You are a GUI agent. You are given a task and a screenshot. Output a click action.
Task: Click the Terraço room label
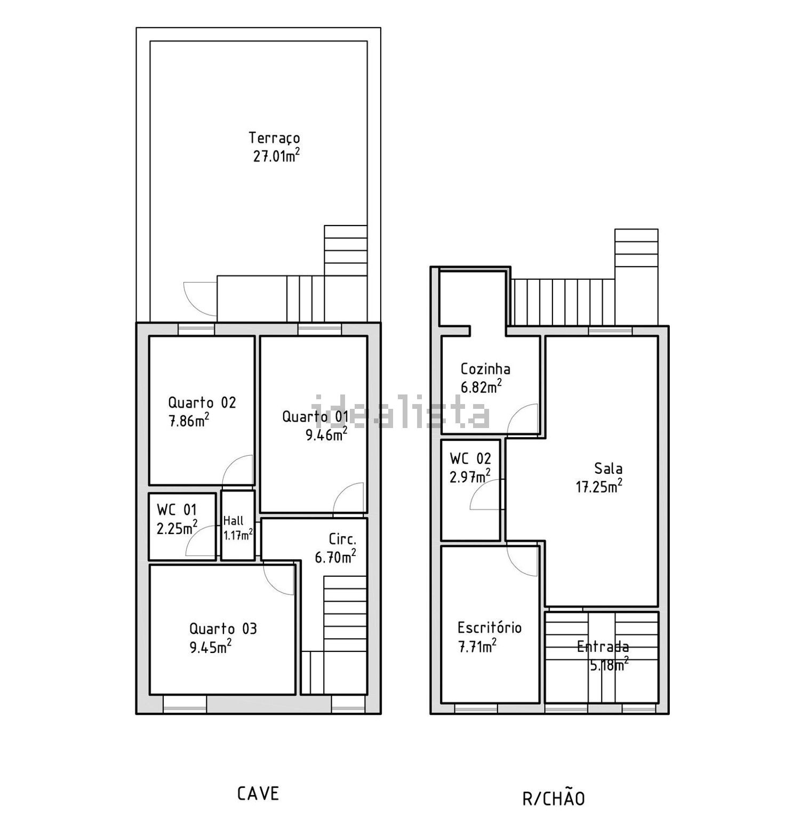click(x=274, y=138)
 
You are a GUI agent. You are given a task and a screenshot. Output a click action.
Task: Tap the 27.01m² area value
click(x=276, y=156)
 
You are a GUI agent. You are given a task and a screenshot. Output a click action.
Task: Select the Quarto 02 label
click(x=202, y=402)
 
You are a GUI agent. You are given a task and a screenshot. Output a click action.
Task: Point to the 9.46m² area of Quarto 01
click(x=326, y=434)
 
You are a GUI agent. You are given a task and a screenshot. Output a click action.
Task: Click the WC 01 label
click(x=177, y=510)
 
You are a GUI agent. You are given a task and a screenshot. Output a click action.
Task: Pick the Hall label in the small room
click(x=233, y=521)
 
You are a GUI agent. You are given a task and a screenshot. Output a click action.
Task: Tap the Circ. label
click(x=342, y=539)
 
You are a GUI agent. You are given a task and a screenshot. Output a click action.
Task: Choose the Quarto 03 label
click(x=223, y=628)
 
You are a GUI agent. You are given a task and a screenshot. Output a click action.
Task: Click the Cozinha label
click(x=485, y=369)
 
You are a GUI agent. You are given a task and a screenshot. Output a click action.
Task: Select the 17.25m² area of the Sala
click(x=599, y=487)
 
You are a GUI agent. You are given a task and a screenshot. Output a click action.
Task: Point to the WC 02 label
click(x=470, y=458)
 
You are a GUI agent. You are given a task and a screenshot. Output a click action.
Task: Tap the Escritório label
click(x=490, y=627)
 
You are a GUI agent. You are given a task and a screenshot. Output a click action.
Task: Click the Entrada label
click(x=603, y=647)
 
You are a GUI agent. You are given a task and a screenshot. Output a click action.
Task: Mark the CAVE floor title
click(x=258, y=794)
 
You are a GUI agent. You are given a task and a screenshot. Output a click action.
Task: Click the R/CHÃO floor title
click(x=554, y=797)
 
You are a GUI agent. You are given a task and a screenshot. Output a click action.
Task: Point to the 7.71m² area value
click(x=477, y=647)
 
